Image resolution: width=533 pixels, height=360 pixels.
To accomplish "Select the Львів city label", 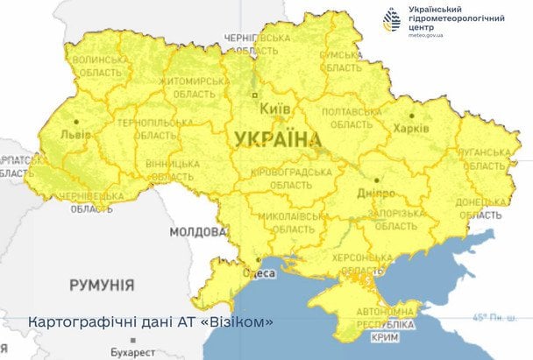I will [x=75, y=136].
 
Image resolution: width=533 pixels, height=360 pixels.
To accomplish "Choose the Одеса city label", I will [x=265, y=273].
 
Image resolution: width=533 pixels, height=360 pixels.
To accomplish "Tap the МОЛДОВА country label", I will [x=196, y=232].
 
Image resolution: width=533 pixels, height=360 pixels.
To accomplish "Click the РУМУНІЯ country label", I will [x=102, y=286].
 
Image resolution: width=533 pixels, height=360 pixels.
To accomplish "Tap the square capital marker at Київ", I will [x=255, y=95].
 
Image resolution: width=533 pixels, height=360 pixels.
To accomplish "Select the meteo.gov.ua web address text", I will [x=427, y=35].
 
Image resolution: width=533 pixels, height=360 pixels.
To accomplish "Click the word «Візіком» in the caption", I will [x=238, y=321].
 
